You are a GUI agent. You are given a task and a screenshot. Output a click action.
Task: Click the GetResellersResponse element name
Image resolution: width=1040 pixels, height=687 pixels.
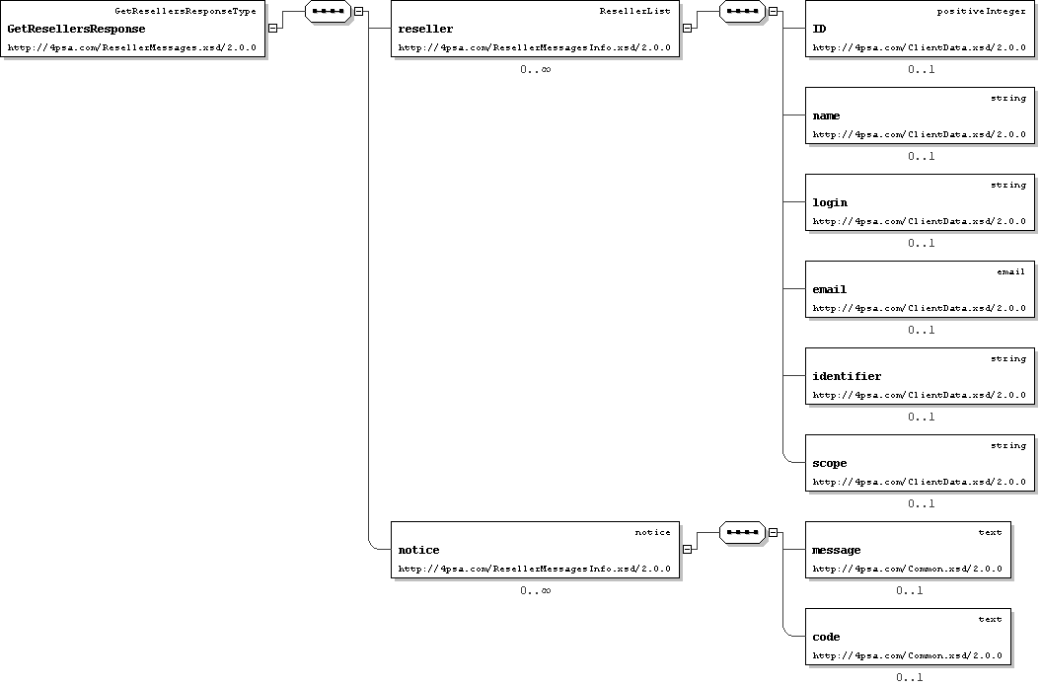point(76,30)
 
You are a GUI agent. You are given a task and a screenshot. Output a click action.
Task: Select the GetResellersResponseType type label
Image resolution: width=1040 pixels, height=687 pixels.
point(186,11)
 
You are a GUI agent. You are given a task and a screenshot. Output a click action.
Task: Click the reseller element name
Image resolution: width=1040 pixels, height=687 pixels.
point(426,30)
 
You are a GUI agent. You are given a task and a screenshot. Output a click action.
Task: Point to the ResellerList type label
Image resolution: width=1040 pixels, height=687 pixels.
point(634,11)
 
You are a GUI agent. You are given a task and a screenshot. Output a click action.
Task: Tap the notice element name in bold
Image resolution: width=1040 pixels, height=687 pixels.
point(418,550)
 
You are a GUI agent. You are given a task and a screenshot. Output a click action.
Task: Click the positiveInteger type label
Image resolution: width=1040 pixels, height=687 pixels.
point(981,11)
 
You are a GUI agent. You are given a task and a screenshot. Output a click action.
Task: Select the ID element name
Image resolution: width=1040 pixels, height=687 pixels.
point(819,30)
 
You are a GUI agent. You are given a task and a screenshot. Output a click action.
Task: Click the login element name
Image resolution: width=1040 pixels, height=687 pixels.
point(830,203)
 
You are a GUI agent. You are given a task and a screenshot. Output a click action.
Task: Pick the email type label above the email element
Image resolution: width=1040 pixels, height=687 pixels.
point(1010,271)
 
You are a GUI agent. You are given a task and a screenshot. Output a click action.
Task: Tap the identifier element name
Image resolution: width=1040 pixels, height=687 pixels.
point(847,376)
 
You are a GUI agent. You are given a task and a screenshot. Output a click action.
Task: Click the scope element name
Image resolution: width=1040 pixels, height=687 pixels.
point(830,464)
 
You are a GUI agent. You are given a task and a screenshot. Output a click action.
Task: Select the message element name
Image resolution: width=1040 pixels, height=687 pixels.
point(837,550)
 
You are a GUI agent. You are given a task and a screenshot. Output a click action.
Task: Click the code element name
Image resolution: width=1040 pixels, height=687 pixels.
point(827,638)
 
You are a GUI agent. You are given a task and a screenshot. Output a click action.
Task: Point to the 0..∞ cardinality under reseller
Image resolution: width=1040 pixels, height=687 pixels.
point(535,70)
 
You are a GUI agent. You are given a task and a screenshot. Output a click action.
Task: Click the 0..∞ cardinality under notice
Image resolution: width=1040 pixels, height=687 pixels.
point(535,590)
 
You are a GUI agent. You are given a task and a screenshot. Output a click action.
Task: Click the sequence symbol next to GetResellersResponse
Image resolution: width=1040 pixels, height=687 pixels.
point(328,11)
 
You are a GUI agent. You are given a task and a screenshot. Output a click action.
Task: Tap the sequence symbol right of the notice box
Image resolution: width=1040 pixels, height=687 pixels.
point(742,532)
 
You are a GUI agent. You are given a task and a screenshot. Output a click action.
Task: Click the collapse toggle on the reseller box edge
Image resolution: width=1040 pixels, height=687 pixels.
point(687,29)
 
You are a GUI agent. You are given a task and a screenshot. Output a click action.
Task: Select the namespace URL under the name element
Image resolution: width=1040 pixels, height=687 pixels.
point(920,135)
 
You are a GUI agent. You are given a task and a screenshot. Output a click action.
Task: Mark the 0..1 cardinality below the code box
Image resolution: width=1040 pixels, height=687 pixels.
point(910,678)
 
